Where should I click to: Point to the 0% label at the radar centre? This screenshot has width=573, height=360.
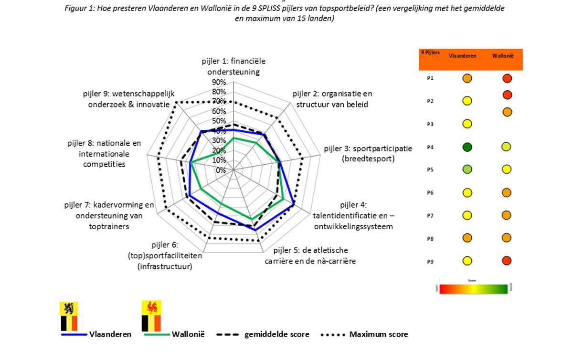pos(220,170)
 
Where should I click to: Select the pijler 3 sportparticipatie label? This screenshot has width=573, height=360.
pos(368,153)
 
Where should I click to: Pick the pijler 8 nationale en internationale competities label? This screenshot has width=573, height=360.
pos(105,153)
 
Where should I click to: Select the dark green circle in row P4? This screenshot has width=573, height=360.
pos(467,148)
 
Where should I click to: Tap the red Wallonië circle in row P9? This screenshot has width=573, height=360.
pos(507,261)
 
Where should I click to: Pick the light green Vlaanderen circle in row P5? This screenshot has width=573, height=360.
pos(467,169)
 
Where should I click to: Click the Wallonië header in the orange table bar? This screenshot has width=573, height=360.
pos(502,56)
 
